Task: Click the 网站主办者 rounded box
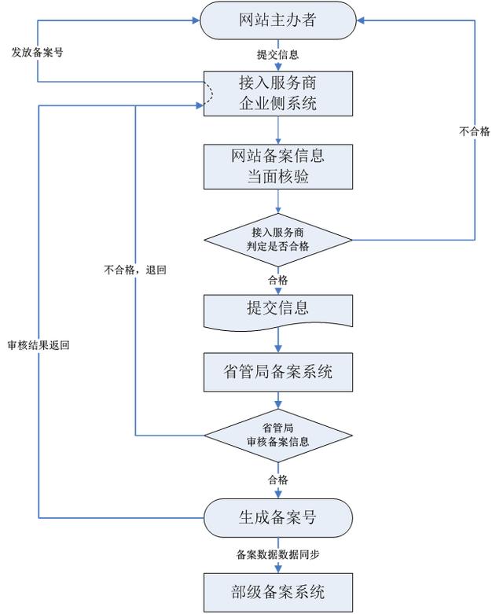click(278, 20)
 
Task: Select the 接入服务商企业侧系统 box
click(278, 94)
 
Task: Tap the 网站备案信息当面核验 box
click(278, 167)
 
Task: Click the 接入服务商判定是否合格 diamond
click(278, 240)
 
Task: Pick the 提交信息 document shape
click(278, 312)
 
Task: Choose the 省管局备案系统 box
click(278, 372)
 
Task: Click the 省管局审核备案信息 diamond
click(278, 436)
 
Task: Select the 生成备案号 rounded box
click(278, 517)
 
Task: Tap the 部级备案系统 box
click(278, 592)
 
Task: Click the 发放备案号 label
click(37, 52)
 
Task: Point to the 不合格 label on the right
click(475, 131)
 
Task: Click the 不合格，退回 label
click(135, 270)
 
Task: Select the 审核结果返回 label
click(39, 345)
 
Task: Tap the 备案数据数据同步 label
click(278, 554)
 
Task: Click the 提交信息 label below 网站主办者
click(278, 54)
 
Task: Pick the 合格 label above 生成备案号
click(278, 480)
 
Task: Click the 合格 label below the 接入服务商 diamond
click(278, 280)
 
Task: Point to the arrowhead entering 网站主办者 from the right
click(361, 20)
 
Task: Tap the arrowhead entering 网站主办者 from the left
click(196, 20)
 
